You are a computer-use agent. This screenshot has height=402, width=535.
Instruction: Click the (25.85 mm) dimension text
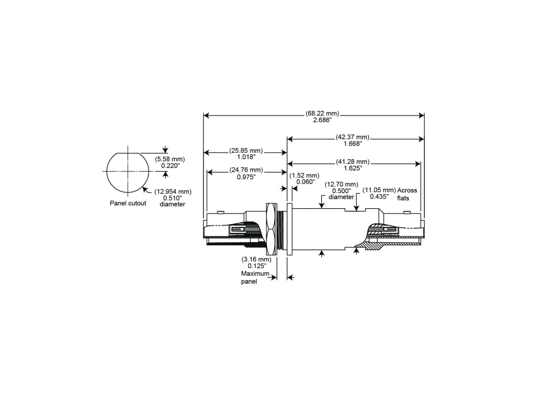click(x=246, y=151)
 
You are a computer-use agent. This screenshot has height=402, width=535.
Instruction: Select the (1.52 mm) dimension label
click(x=304, y=175)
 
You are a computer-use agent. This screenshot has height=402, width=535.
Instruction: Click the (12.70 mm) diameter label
click(x=341, y=184)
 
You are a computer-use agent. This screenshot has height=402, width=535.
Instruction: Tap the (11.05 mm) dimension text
click(x=379, y=190)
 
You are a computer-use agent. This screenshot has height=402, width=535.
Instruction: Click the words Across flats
click(x=407, y=194)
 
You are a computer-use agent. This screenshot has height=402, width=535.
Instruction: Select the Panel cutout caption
click(x=128, y=203)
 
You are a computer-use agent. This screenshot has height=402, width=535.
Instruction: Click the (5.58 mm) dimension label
click(x=170, y=159)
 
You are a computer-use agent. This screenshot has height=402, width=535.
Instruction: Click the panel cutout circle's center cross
click(x=127, y=171)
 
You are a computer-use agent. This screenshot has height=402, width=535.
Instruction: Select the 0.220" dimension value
click(x=170, y=165)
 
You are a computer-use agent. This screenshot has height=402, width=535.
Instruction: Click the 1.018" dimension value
click(x=246, y=157)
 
